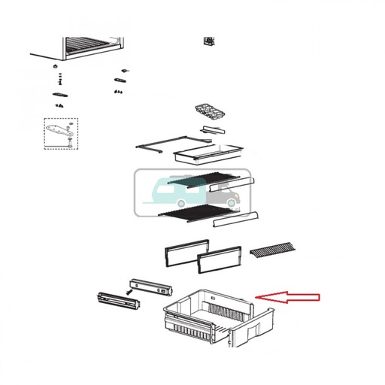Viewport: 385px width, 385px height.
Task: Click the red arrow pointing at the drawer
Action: tap(289, 297)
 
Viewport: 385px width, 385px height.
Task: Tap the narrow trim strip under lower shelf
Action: tap(236, 219)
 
